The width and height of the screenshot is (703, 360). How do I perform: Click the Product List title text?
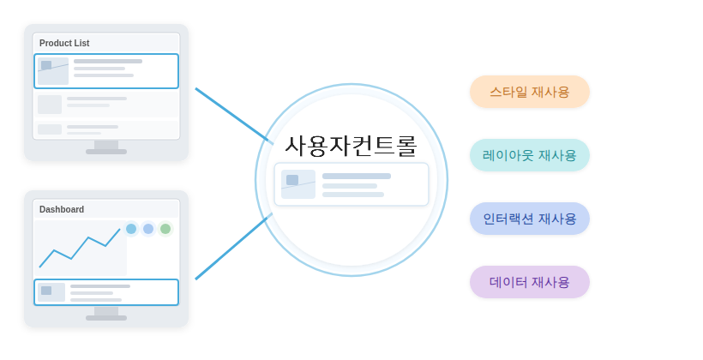tap(64, 43)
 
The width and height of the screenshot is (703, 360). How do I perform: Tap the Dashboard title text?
tap(62, 209)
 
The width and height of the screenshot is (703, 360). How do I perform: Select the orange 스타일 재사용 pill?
tap(530, 92)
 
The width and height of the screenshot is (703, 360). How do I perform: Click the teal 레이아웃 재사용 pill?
tap(530, 155)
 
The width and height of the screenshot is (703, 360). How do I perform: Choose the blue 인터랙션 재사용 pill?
tap(530, 219)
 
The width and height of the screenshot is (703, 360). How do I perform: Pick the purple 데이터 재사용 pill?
tap(530, 282)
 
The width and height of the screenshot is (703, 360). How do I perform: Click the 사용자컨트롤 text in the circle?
tap(351, 146)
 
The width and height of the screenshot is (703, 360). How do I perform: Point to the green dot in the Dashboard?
tap(165, 229)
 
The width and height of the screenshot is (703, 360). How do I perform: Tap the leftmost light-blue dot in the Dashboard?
tap(131, 229)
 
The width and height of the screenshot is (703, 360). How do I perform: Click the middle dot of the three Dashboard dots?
tap(148, 229)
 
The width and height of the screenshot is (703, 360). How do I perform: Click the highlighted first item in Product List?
tap(106, 71)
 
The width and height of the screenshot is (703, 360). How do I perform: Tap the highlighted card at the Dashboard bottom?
tap(106, 292)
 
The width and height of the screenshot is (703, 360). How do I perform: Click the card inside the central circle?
tap(351, 184)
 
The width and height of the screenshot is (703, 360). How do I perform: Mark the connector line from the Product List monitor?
tap(234, 116)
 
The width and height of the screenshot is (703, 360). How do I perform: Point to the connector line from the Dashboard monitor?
tap(233, 247)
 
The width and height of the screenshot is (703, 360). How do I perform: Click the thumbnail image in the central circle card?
tap(298, 184)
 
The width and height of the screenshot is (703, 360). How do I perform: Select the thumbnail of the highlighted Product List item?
tap(53, 71)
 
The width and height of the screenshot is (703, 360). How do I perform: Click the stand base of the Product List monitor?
tap(106, 152)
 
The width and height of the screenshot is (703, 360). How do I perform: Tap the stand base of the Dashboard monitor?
tap(106, 318)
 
